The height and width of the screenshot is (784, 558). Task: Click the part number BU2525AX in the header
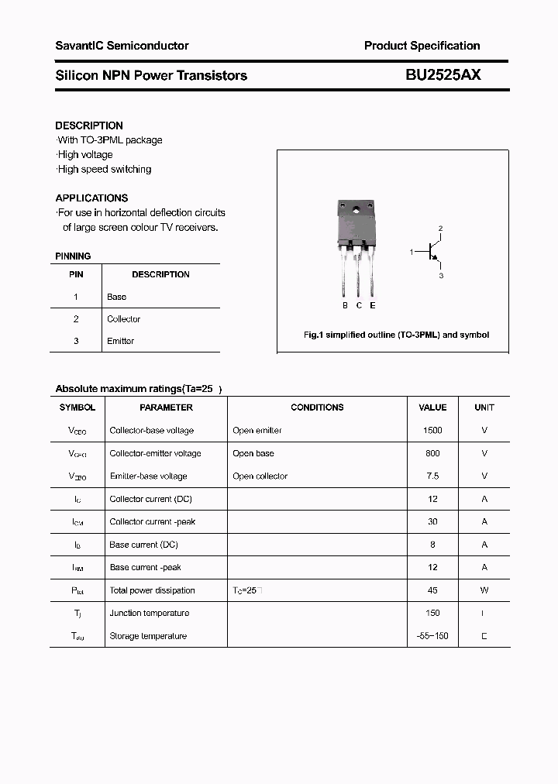[x=443, y=75]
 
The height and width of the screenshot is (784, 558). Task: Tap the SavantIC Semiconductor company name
[x=122, y=46]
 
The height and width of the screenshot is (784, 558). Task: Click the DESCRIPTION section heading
[x=89, y=126]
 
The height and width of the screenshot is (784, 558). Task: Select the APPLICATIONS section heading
[x=91, y=198]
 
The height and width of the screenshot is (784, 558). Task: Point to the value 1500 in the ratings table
[x=432, y=430]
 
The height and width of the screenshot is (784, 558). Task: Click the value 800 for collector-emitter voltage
[x=432, y=453]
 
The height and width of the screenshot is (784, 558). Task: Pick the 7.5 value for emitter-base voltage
[x=432, y=476]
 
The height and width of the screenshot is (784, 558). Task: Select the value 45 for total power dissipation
[x=432, y=590]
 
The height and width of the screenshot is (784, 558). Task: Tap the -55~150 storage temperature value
[x=432, y=636]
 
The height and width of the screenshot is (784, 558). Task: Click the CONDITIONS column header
[x=317, y=407]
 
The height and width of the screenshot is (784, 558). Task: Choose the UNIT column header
[x=484, y=407]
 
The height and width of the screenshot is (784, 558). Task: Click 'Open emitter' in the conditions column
[x=257, y=430]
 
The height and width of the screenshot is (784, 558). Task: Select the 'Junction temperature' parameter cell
[x=150, y=613]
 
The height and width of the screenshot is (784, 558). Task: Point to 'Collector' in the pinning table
[x=124, y=319]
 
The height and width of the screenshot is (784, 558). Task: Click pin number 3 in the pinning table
[x=76, y=341]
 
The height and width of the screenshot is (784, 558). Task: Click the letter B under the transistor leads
[x=345, y=305]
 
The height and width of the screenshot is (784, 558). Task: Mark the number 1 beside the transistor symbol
[x=412, y=252]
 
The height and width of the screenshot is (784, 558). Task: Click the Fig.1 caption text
[x=395, y=335]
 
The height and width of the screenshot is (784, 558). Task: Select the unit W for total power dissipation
[x=484, y=590]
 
